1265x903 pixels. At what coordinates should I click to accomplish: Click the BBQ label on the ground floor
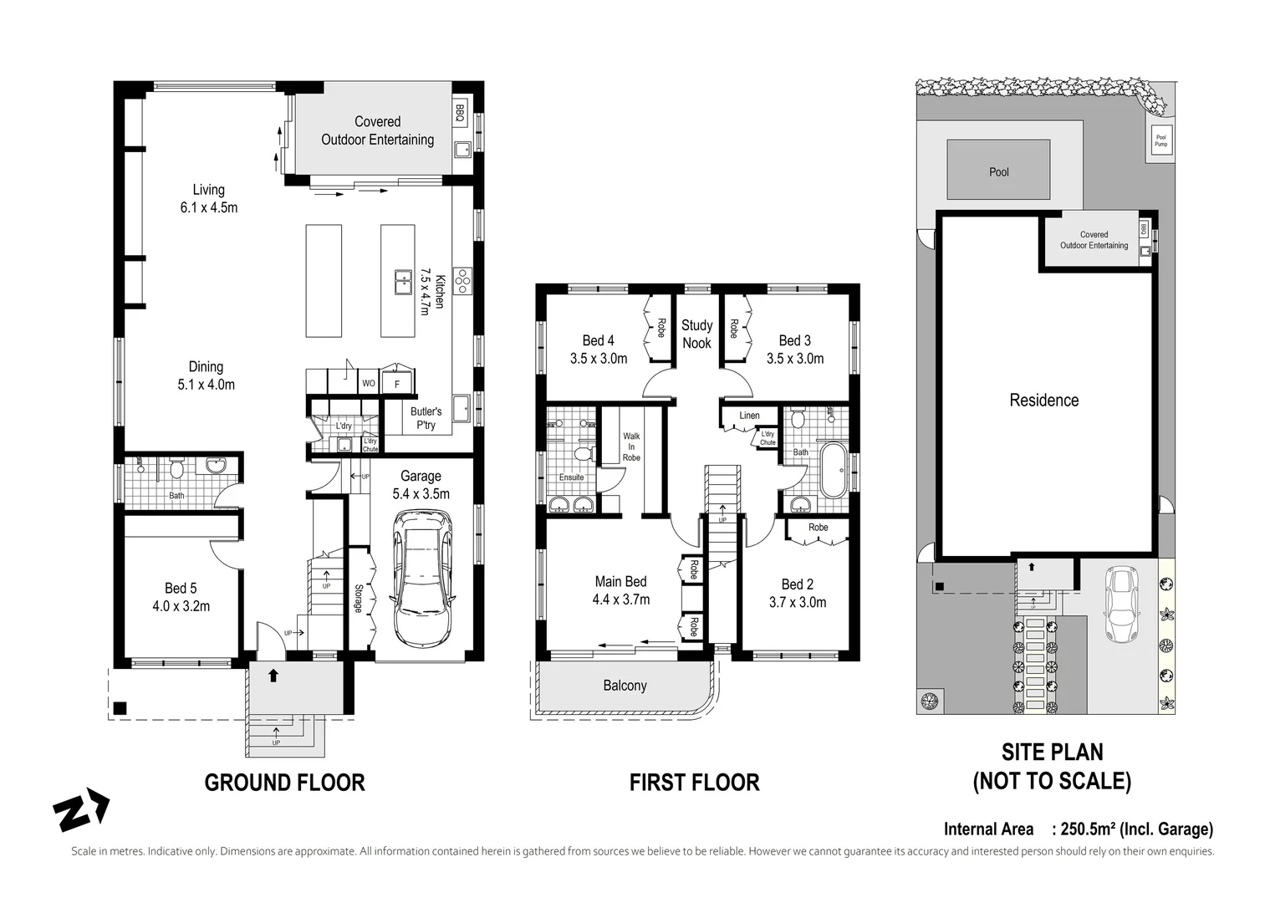click(x=459, y=113)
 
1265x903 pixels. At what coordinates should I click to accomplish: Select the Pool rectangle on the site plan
click(x=998, y=170)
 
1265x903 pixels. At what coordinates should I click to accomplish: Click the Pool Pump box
click(x=1160, y=140)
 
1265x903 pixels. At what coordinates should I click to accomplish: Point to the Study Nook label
click(x=696, y=334)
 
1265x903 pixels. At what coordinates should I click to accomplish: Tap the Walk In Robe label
click(x=631, y=446)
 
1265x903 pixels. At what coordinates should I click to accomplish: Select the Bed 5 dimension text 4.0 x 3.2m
click(x=181, y=606)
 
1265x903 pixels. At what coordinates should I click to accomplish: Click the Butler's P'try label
click(x=426, y=418)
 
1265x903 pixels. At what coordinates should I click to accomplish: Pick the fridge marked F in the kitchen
click(x=396, y=385)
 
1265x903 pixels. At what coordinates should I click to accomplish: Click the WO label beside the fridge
click(x=368, y=384)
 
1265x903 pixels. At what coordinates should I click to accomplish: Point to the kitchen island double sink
click(x=404, y=282)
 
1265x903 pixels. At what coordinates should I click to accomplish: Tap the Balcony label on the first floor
click(x=625, y=686)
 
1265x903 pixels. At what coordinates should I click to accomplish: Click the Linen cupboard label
click(x=749, y=416)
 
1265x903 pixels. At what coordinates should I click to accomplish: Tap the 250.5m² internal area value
click(x=1088, y=829)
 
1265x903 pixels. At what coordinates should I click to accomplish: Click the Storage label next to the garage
click(x=358, y=598)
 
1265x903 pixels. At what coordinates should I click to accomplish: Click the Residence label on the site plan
click(x=1043, y=400)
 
